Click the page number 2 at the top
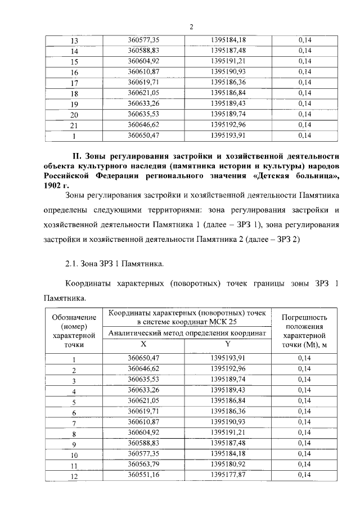(x=191, y=26)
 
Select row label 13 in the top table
(x=74, y=40)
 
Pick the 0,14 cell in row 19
(x=304, y=103)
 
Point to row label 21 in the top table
(x=74, y=125)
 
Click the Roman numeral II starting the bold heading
(x=79, y=155)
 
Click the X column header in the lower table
(x=143, y=343)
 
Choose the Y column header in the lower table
(x=228, y=343)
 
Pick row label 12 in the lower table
(x=74, y=476)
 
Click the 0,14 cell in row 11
(x=304, y=465)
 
